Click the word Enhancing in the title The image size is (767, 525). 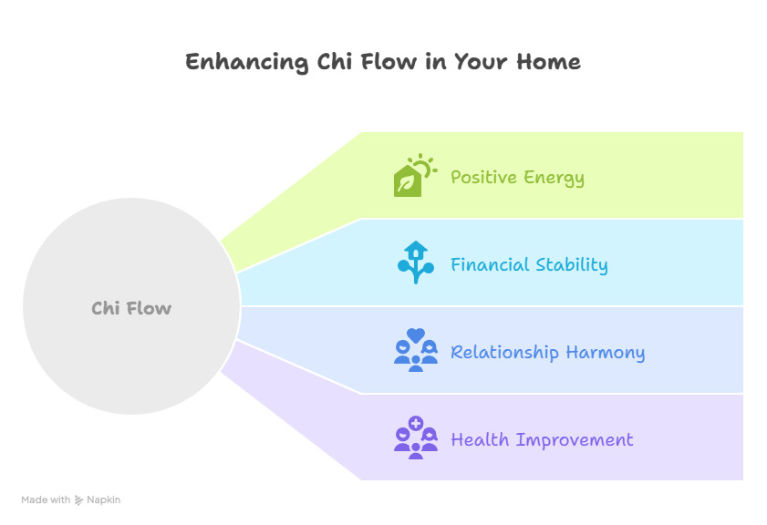click(x=247, y=63)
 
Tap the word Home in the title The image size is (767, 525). click(x=548, y=62)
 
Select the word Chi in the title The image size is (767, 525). click(x=335, y=62)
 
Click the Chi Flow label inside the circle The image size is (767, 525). click(x=131, y=308)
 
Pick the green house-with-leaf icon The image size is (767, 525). click(x=408, y=180)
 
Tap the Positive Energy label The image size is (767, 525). click(x=517, y=178)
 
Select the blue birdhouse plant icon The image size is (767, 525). click(x=416, y=262)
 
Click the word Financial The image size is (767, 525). click(x=490, y=264)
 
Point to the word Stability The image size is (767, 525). click(x=572, y=265)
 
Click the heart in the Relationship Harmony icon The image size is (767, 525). click(x=416, y=335)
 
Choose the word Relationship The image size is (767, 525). click(x=504, y=353)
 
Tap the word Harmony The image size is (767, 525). click(x=606, y=353)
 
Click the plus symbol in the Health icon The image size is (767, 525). click(x=416, y=423)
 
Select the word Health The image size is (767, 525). click(x=480, y=439)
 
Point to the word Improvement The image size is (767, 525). click(x=575, y=440)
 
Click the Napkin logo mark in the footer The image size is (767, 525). click(x=78, y=500)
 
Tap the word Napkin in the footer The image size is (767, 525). click(x=104, y=500)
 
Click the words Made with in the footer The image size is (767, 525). click(x=46, y=499)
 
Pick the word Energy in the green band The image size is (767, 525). click(x=555, y=179)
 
